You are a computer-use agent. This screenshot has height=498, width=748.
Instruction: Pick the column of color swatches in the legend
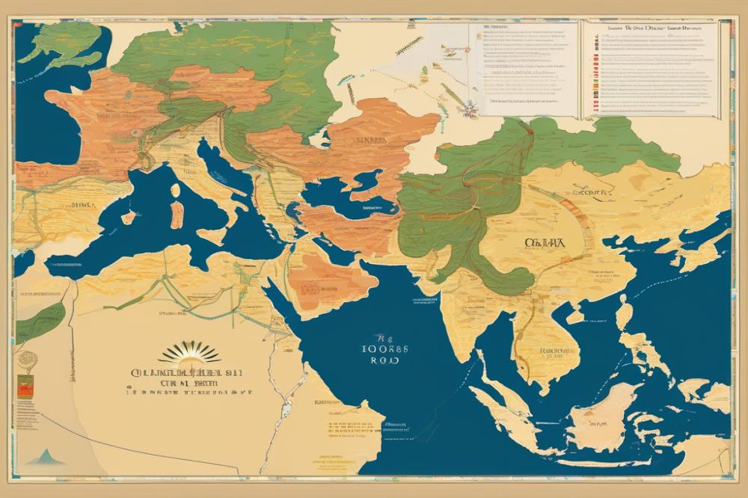coord(596,75)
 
